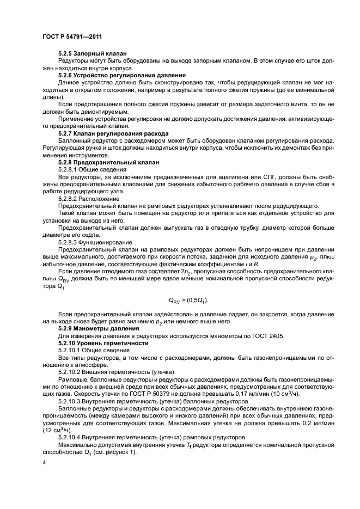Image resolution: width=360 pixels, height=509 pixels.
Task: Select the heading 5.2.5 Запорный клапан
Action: coord(93,53)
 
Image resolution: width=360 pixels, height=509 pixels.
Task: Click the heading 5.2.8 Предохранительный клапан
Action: coord(108,162)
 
